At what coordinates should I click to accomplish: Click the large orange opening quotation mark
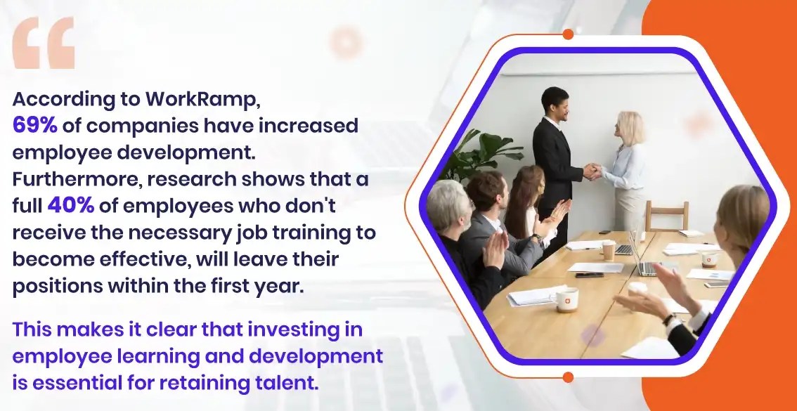44,44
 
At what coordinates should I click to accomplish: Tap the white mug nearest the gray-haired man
566,299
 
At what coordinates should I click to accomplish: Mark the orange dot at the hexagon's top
568,34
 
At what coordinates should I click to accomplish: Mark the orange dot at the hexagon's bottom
568,377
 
